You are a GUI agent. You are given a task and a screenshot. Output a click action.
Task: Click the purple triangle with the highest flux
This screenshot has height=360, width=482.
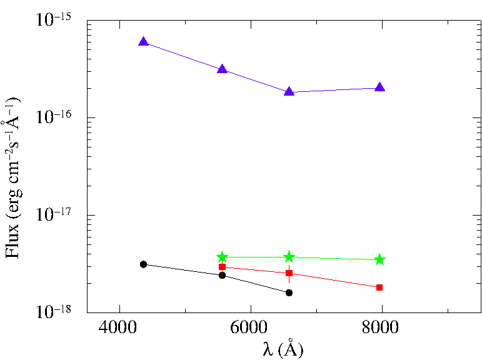[144, 42]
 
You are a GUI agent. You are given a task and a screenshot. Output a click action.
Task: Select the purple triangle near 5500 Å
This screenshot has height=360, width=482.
[223, 69]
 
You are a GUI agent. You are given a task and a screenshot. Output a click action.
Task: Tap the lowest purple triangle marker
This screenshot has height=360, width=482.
[289, 91]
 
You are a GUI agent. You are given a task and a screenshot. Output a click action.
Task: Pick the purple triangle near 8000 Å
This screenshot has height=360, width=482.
[380, 87]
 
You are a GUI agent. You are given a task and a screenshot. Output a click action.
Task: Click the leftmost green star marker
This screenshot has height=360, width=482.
[223, 257]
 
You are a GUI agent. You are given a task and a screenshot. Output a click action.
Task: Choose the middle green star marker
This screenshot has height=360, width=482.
[289, 257]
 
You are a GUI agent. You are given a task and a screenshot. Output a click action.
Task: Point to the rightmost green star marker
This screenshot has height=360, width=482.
[380, 259]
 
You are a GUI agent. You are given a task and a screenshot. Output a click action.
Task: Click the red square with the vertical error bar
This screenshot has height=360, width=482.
[289, 273]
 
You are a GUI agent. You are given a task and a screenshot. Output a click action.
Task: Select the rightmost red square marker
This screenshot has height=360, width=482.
[379, 287]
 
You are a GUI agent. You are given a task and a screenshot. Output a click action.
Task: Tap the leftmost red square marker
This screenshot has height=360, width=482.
[223, 267]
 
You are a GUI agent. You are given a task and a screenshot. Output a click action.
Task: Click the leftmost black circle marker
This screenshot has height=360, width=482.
[143, 264]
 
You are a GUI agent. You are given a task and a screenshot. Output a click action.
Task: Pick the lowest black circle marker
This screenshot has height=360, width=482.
[289, 292]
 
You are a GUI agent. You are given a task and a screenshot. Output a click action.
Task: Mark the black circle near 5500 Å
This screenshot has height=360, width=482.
[223, 275]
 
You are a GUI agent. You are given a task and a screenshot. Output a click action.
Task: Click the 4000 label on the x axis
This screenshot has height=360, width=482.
[118, 327]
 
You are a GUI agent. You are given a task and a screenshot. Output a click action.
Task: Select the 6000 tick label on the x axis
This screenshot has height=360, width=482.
[249, 327]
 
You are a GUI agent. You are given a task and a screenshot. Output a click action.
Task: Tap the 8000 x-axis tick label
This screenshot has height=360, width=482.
[380, 327]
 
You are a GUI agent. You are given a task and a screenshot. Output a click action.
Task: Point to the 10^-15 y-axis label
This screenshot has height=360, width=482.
[54, 19]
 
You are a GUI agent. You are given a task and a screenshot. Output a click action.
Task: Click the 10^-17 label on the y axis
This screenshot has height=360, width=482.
[54, 213]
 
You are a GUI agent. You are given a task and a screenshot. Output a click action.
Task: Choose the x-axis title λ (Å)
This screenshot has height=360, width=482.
[283, 349]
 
